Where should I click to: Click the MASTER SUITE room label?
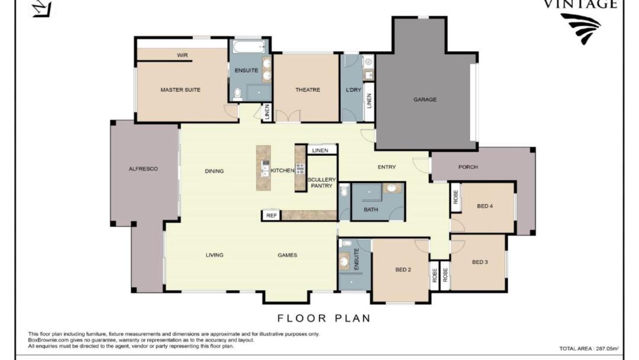[180, 89]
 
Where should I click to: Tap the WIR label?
[182, 55]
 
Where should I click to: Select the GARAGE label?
[425, 99]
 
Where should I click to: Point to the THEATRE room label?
[308, 89]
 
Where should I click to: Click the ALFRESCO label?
[143, 168]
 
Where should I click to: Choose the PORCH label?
[468, 167]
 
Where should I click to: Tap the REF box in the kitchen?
[272, 216]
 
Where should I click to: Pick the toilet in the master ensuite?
[238, 94]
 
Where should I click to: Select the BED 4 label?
[485, 206]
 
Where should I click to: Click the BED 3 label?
[480, 262]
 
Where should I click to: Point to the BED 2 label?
[403, 269]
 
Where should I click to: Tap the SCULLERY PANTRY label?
[321, 182]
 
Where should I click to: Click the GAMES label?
[288, 255]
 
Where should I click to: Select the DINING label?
[214, 171]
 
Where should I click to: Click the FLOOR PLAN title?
[324, 318]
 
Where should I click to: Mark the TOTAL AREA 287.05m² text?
[589, 349]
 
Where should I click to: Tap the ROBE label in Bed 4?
[456, 197]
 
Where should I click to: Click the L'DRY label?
[353, 89]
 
